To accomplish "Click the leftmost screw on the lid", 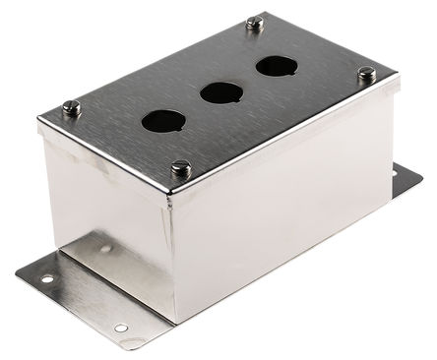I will click(71, 107).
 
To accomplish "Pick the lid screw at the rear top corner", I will click(255, 22).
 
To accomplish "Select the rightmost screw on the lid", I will click(366, 74).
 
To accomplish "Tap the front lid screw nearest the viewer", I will click(179, 169).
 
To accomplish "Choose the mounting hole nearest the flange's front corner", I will click(120, 329).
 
